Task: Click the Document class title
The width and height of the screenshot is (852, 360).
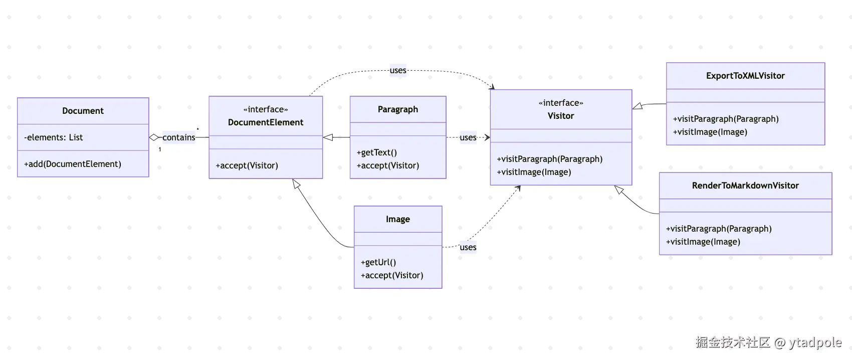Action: tap(83, 111)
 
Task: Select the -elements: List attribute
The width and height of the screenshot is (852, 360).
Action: tap(53, 137)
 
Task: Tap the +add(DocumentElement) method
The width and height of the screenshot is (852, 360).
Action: tap(73, 164)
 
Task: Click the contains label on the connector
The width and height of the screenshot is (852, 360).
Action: tap(179, 137)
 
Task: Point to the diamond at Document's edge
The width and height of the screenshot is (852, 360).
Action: tap(154, 137)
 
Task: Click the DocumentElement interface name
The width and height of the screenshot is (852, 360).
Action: tap(266, 122)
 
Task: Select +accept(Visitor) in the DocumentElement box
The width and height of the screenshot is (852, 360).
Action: tap(247, 165)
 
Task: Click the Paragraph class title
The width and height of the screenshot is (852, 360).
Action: tap(398, 109)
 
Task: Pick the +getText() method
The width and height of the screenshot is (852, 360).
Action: tap(376, 152)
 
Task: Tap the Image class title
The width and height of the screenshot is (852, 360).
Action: tap(398, 219)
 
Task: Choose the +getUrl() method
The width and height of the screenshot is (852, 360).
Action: tap(378, 262)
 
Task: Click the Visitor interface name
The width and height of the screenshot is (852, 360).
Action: tap(561, 116)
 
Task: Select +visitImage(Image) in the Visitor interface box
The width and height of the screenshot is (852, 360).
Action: tap(534, 172)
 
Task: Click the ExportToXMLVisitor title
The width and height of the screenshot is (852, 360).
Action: tap(746, 76)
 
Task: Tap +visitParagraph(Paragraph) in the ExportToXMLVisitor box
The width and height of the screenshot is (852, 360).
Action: tap(726, 119)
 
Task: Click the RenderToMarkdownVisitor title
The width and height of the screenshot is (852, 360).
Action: tap(746, 186)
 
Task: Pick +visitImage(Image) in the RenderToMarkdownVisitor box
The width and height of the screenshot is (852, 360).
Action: tap(703, 242)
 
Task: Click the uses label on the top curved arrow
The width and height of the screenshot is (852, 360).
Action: tap(398, 70)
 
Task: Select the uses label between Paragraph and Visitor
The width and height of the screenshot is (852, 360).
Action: tap(468, 137)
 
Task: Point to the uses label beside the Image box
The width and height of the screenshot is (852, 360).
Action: tap(468, 247)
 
